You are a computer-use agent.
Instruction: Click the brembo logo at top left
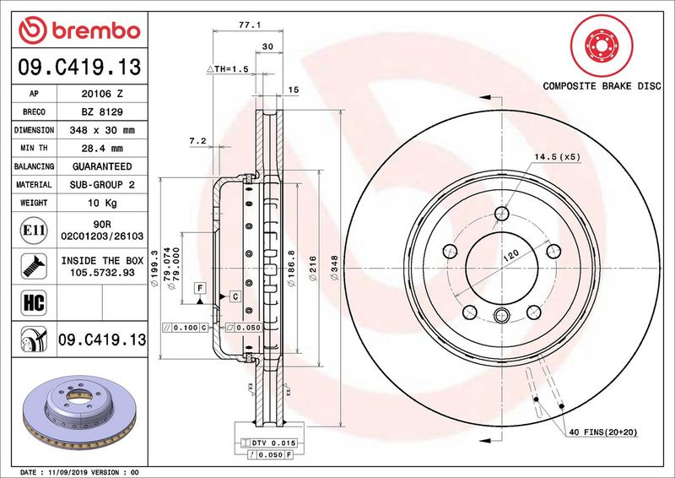79,30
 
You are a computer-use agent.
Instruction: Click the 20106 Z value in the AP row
102,94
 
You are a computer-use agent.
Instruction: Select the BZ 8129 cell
102,112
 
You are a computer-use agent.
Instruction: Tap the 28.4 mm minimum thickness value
102,149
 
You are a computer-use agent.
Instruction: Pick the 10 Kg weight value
102,203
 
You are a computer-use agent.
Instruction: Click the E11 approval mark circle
34,231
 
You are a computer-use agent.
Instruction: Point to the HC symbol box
34,302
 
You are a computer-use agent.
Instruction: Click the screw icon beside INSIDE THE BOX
34,266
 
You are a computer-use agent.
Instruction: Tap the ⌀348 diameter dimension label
334,268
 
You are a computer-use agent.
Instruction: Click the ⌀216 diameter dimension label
312,268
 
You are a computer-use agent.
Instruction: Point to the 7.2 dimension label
198,140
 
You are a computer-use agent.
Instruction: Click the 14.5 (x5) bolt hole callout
557,157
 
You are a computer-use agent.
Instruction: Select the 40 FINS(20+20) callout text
603,432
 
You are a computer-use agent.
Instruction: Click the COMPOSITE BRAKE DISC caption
602,86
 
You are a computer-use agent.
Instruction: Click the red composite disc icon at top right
602,46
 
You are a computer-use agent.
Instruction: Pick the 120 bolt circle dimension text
511,256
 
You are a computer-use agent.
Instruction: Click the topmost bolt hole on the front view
501,213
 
